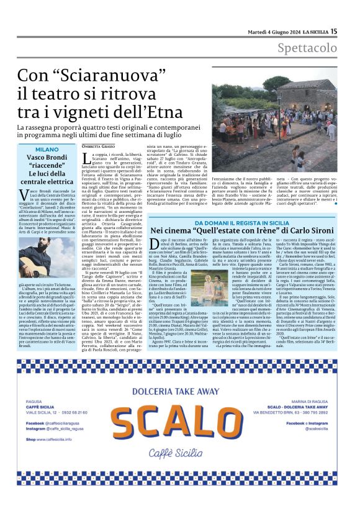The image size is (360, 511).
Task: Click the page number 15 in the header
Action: point(333,31)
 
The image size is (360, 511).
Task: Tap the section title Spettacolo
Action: point(307,48)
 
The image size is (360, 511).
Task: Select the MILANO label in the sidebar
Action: point(47,150)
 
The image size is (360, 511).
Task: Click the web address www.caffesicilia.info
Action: point(63,439)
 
